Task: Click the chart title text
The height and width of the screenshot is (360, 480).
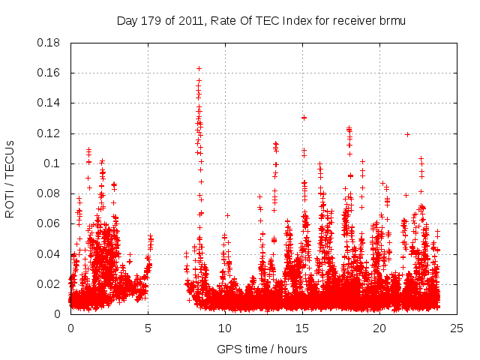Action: tap(261, 20)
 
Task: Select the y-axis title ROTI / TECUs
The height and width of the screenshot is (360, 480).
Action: tap(10, 178)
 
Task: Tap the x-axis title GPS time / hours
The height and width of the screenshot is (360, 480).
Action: tap(261, 349)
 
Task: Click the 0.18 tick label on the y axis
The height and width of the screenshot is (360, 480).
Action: tap(51, 43)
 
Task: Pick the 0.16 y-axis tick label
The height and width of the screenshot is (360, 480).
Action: tap(51, 73)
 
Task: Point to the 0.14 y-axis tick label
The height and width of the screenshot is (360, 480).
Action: tap(51, 103)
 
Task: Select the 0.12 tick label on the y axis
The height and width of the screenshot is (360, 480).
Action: tap(51, 133)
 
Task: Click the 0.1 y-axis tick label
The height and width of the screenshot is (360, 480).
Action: tap(54, 163)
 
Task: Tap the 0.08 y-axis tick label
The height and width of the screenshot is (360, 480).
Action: tap(51, 193)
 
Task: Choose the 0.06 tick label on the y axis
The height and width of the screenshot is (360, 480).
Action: tap(51, 223)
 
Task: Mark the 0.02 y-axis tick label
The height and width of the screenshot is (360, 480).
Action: tap(51, 284)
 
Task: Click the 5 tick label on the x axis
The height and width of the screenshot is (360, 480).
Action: tap(148, 328)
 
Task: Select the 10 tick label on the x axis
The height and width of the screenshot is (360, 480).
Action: tap(225, 328)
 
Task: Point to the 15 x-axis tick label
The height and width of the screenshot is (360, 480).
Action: tap(302, 328)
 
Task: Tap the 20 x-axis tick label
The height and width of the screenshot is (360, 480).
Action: tap(379, 328)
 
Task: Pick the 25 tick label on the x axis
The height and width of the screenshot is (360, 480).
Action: tap(457, 328)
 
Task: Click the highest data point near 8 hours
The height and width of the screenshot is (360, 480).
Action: tap(199, 68)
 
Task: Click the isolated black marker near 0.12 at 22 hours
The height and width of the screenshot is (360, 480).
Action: tap(407, 134)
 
